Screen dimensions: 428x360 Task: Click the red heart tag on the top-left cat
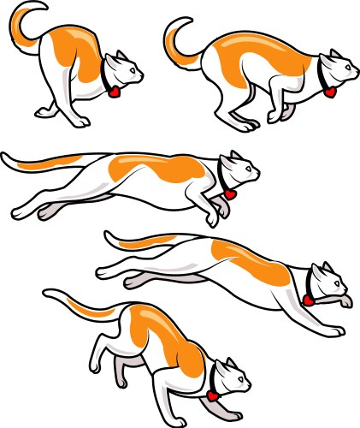pos(113,91)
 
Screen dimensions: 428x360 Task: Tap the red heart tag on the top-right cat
pos(329,91)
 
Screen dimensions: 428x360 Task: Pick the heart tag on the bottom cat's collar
pos(210,396)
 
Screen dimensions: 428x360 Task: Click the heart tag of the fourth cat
pos(307,300)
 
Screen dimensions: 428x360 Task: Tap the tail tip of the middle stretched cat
pos(6,158)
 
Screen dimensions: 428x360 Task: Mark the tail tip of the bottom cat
pos(47,293)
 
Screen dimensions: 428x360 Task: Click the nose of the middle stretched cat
pos(257,175)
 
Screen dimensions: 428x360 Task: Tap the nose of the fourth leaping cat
pos(346,283)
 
